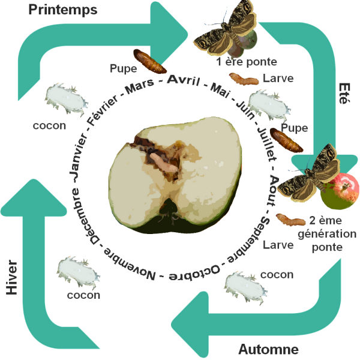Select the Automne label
[x=268, y=349]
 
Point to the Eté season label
[x=343, y=95]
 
